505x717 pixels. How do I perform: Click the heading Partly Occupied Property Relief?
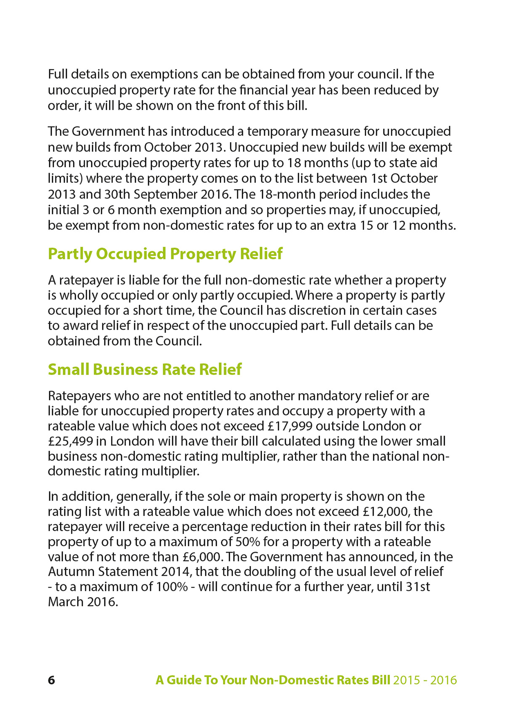[165, 254]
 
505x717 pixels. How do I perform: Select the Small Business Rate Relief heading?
[144, 369]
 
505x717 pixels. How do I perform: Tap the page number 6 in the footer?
[51, 680]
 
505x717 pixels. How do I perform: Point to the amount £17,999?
[290, 426]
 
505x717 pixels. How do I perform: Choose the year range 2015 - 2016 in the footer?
[425, 680]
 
